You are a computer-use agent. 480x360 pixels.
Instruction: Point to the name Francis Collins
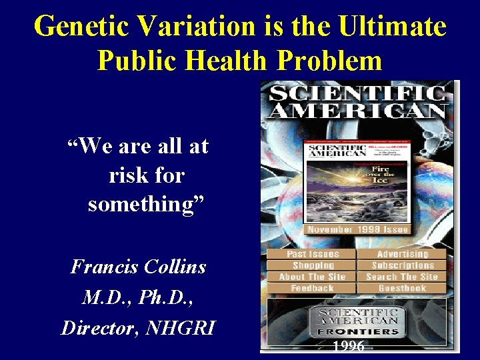click(x=138, y=267)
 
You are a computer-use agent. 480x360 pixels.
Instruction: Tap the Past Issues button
click(x=312, y=254)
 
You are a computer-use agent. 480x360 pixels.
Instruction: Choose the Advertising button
click(x=402, y=254)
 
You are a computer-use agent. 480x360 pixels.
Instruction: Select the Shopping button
click(x=312, y=265)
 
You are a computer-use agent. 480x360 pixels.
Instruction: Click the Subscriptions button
click(x=402, y=265)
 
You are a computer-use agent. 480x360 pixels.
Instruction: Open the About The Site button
click(x=312, y=277)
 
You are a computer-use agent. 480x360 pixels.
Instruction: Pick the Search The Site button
click(x=402, y=277)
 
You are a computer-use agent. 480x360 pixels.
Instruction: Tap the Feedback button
click(x=312, y=288)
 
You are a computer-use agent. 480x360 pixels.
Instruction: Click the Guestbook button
click(x=402, y=288)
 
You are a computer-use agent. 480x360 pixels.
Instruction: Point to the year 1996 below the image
click(x=349, y=346)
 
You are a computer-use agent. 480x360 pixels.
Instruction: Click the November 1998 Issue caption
click(x=357, y=229)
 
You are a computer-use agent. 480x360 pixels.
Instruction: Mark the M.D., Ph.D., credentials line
click(x=138, y=298)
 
